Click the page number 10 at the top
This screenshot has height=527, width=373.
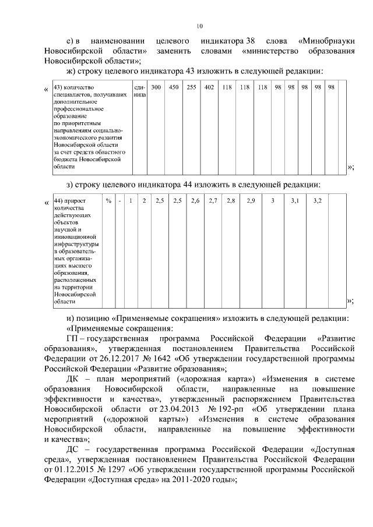click(199, 26)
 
